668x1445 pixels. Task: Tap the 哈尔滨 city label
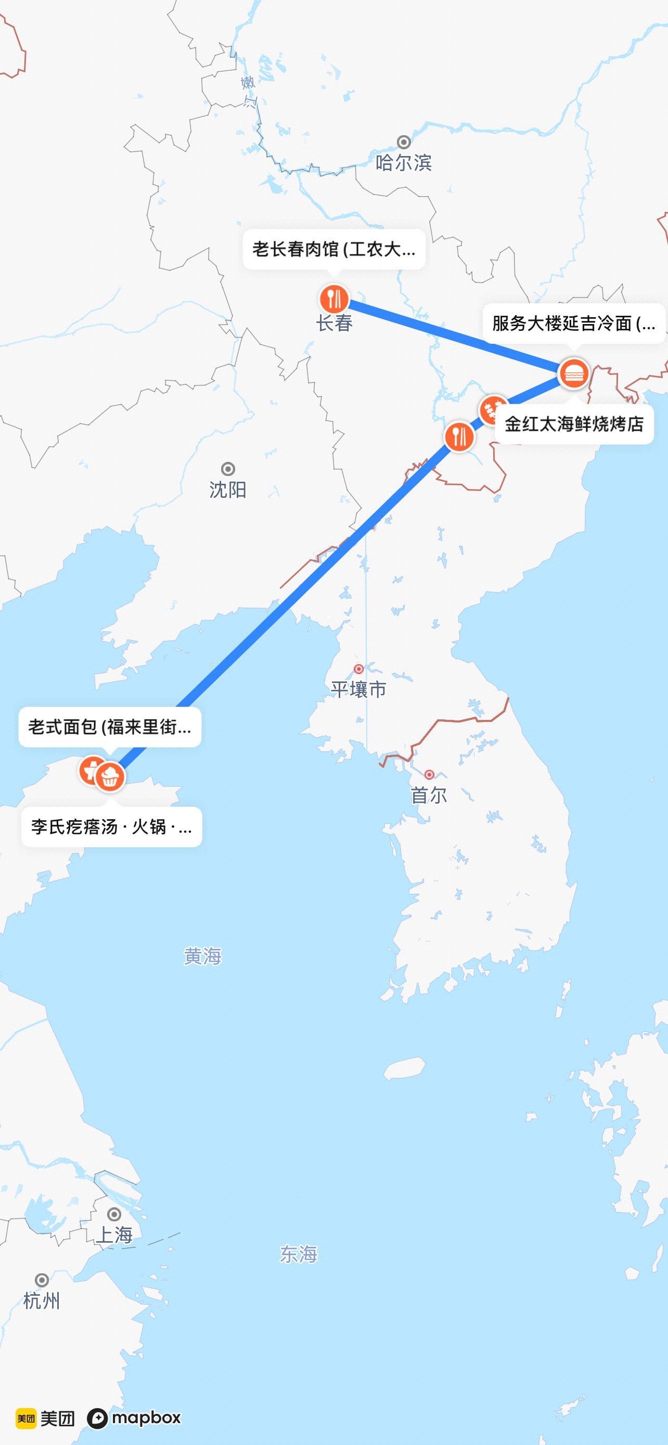click(403, 163)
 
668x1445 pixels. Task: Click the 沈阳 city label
click(228, 489)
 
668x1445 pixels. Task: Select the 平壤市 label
click(358, 689)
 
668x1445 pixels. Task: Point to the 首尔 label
click(429, 795)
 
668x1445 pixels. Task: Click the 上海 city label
click(114, 1235)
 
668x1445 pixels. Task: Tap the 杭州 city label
click(42, 1300)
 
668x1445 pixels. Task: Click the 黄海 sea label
click(202, 956)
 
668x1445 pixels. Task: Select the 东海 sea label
click(299, 1254)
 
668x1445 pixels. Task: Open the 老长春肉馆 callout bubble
click(333, 249)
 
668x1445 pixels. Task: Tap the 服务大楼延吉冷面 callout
click(573, 323)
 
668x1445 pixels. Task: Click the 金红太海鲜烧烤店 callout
click(574, 424)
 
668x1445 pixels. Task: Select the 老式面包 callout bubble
click(110, 727)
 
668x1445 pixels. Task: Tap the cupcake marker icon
click(110, 777)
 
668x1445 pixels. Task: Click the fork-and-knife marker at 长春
click(335, 299)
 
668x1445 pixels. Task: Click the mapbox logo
click(134, 1418)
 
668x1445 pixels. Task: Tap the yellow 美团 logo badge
click(26, 1418)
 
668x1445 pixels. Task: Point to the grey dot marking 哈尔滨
click(403, 141)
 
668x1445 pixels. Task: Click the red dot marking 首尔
click(429, 775)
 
